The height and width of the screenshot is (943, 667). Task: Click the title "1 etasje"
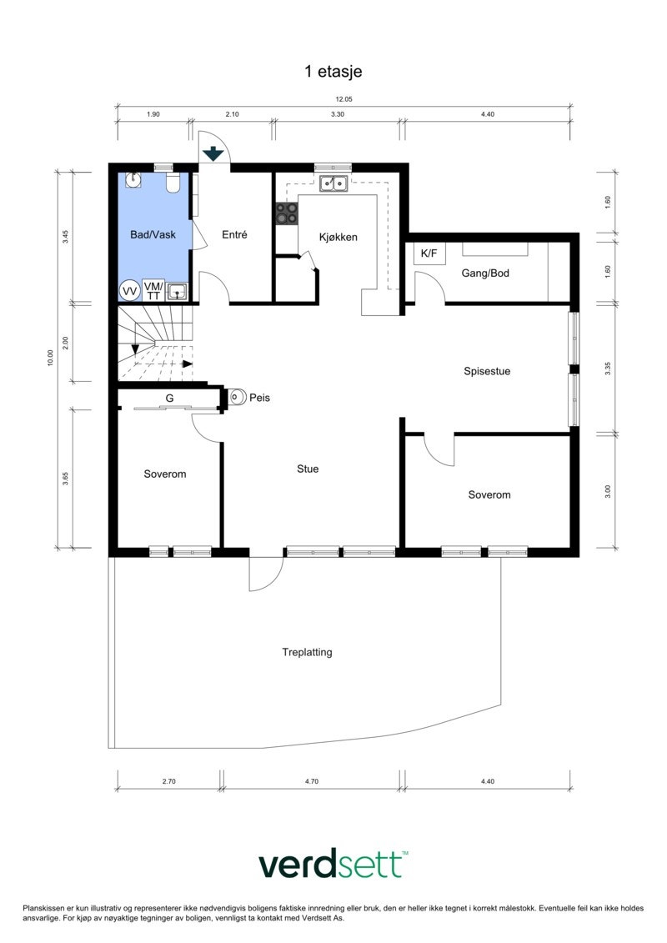point(333,72)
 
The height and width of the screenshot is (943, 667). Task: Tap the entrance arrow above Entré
point(213,153)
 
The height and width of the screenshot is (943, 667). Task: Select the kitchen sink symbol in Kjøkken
point(335,183)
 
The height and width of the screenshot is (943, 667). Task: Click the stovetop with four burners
point(288,213)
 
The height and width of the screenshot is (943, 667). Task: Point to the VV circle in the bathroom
point(129,290)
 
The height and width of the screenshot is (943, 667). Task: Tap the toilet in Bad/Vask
point(173,183)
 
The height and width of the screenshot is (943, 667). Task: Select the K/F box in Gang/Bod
point(429,253)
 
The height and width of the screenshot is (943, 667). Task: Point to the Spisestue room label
point(487,371)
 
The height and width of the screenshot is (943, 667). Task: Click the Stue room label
point(308,469)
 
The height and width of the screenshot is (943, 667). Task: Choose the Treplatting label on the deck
point(307,652)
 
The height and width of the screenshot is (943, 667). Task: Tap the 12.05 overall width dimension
point(344,100)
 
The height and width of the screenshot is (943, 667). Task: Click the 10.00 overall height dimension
point(50,358)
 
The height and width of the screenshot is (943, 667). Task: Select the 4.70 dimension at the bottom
point(313,780)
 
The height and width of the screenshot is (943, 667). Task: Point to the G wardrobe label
point(169,399)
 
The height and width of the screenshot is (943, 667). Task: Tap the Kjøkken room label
point(338,237)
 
